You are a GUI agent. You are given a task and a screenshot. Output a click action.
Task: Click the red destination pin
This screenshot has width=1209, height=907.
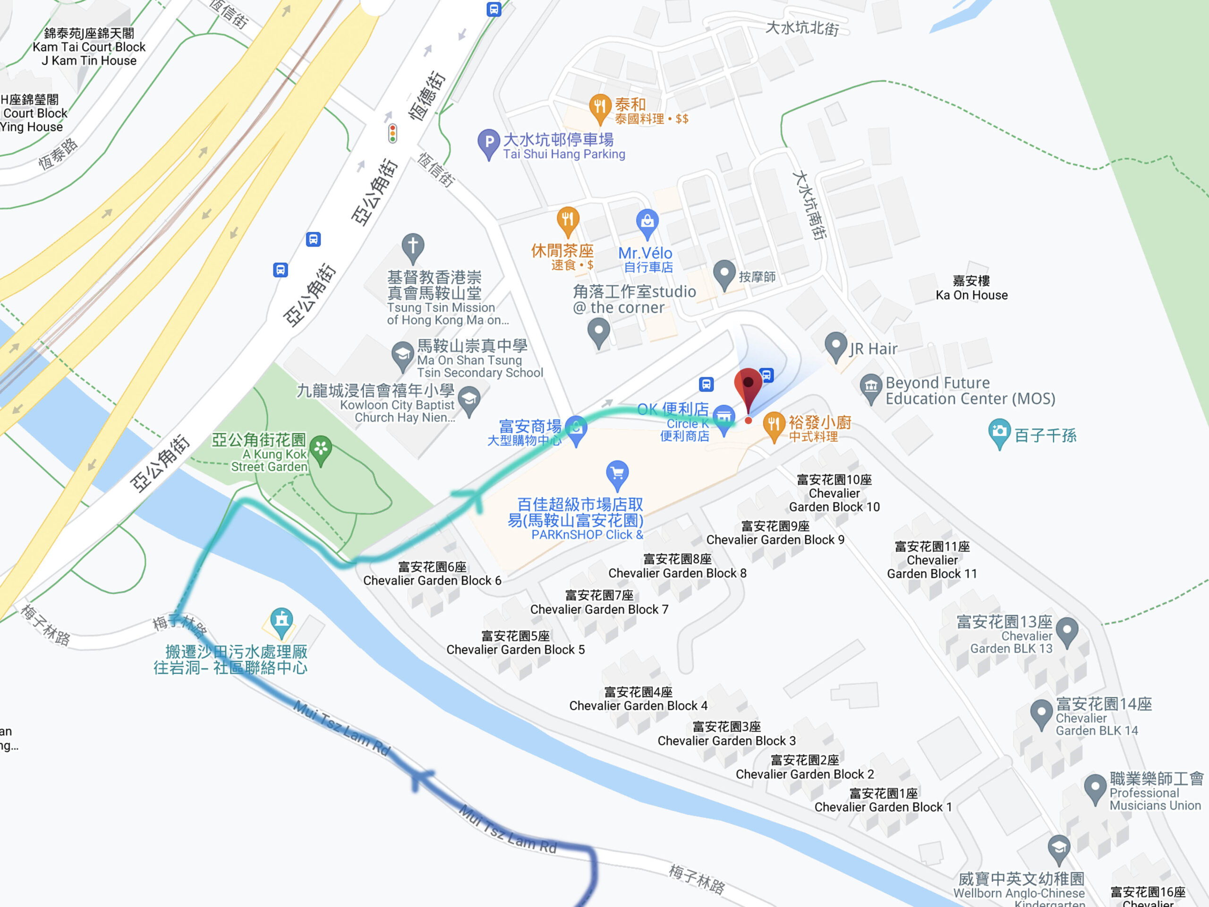[748, 385]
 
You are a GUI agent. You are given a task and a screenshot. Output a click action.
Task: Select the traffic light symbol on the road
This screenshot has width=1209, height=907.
[392, 133]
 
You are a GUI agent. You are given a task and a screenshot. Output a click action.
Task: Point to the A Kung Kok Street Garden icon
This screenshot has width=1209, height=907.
[321, 449]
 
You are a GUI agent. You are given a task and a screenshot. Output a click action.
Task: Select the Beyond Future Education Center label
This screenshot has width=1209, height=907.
[970, 390]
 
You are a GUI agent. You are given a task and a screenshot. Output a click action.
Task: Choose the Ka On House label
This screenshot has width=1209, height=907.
[971, 288]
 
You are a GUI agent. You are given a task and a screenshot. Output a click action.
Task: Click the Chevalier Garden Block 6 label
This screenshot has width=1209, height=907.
[432, 573]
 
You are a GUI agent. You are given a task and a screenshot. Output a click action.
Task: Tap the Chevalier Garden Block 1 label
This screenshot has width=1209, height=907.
[883, 800]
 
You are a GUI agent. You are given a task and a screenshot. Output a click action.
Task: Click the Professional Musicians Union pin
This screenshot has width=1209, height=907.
[1095, 787]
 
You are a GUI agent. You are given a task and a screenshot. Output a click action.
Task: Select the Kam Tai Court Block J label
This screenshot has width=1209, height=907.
[89, 47]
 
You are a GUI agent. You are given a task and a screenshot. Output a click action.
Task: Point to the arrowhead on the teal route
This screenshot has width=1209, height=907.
[471, 497]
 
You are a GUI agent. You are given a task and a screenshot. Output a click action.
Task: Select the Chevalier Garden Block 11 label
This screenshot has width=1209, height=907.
[932, 560]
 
